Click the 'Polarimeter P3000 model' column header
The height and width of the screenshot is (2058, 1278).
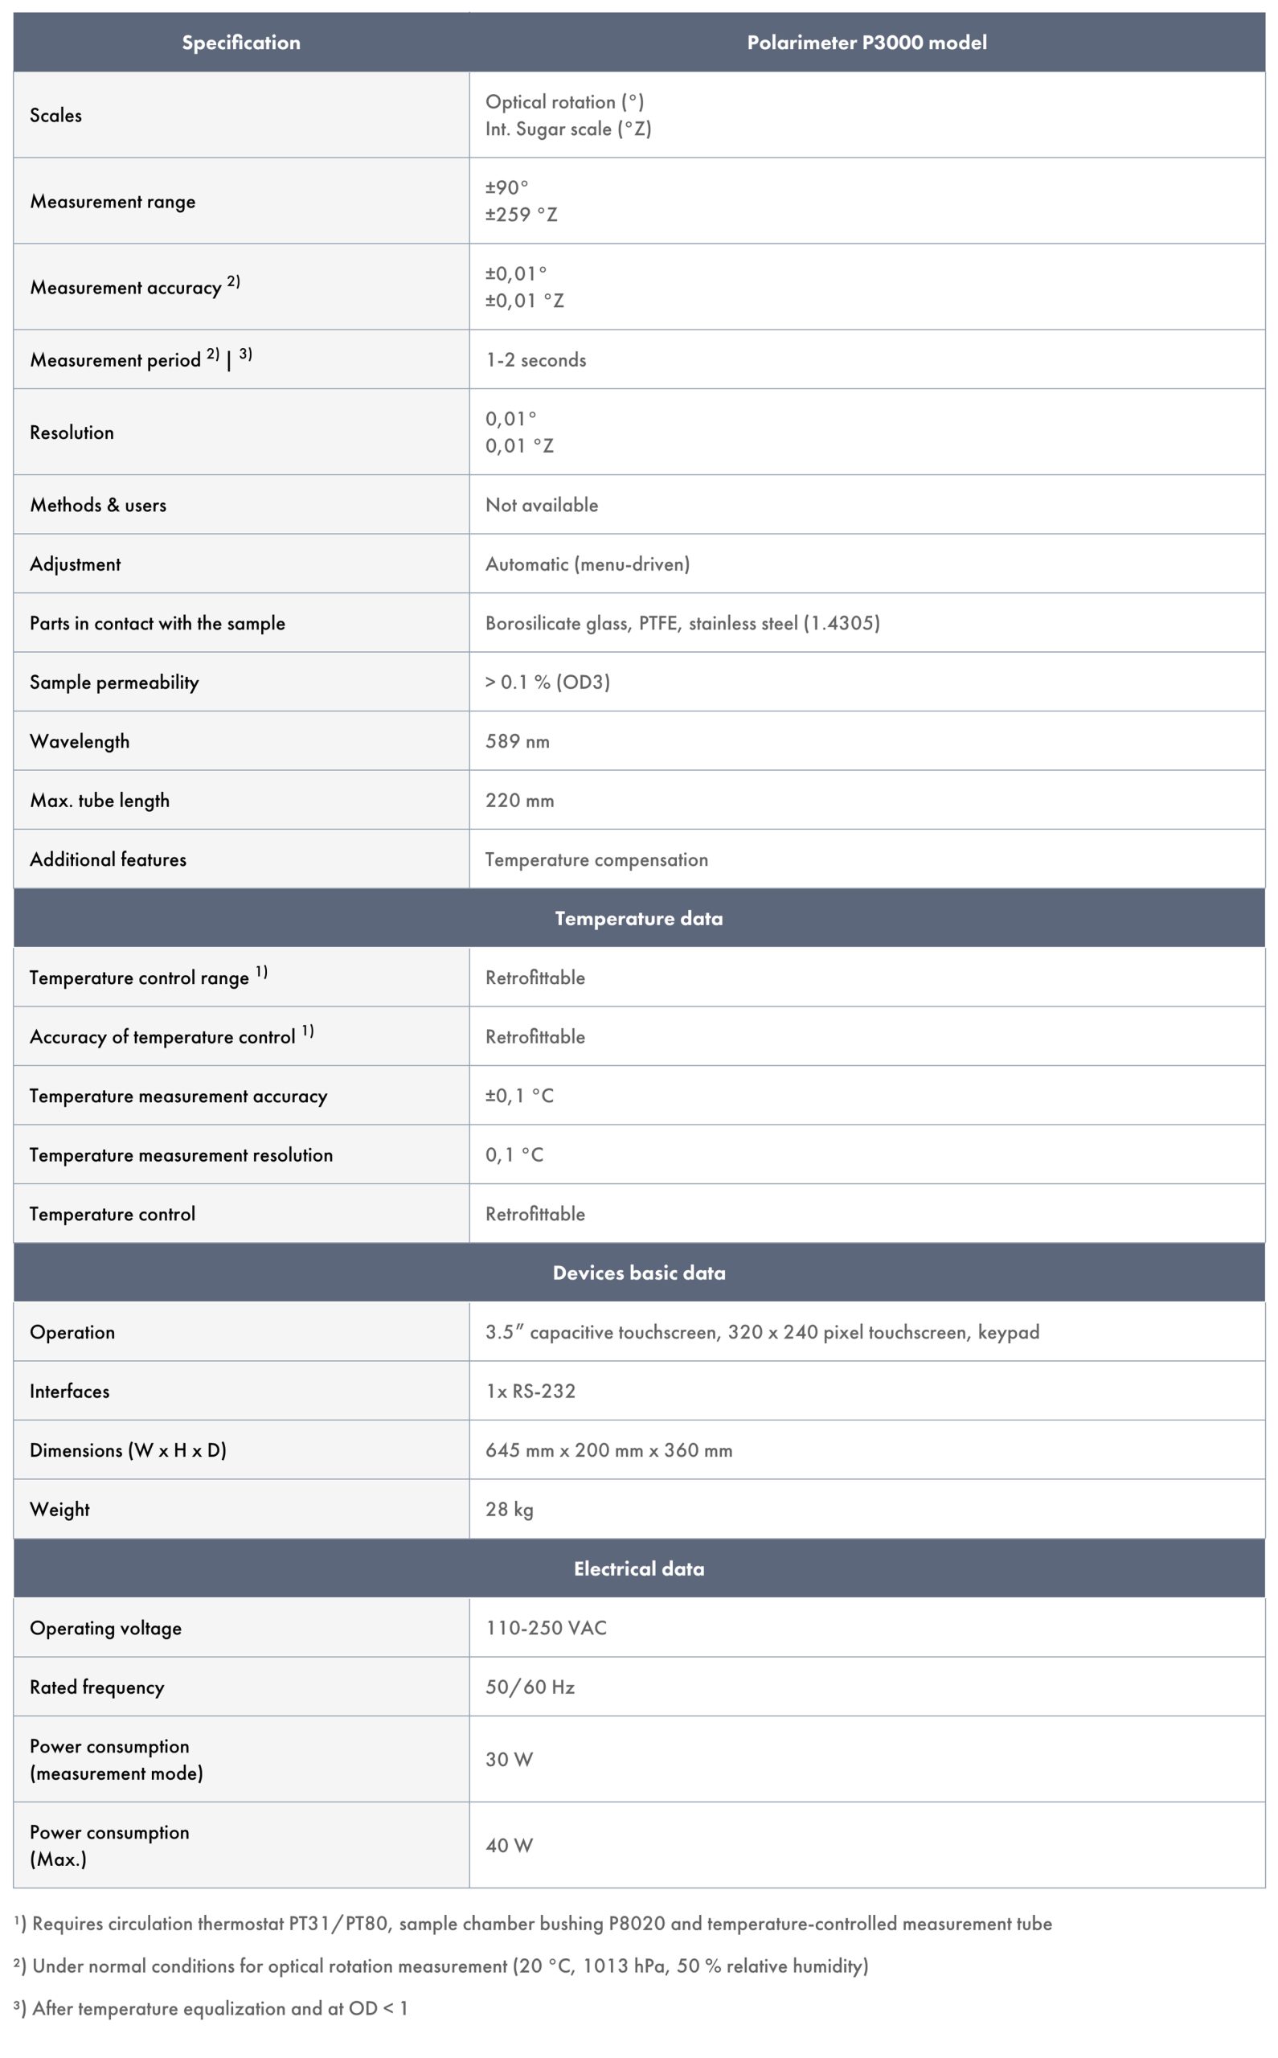866,43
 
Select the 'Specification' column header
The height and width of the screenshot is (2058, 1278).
241,43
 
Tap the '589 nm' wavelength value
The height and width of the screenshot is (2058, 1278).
518,741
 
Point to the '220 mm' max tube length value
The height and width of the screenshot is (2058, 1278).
520,801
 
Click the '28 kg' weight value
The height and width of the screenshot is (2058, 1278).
509,1509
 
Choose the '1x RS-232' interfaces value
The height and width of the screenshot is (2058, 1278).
530,1390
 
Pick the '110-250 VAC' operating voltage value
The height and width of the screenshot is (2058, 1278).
546,1627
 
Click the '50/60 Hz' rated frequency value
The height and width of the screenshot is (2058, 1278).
530,1686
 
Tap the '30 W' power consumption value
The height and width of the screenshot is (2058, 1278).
509,1759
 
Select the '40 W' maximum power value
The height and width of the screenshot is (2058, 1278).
509,1845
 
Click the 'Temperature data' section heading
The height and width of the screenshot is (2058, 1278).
639,918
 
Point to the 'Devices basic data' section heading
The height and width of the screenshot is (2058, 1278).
639,1272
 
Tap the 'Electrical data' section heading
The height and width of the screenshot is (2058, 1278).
639,1568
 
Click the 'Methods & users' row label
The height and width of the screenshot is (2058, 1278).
98,505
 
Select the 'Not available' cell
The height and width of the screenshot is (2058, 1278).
542,505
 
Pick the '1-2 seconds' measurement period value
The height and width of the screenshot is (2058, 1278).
536,360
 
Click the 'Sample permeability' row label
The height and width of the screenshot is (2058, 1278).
114,682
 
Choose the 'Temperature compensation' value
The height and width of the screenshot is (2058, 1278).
596,859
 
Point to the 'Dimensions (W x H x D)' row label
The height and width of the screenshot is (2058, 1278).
128,1449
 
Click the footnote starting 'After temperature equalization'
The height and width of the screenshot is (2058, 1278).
219,2008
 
